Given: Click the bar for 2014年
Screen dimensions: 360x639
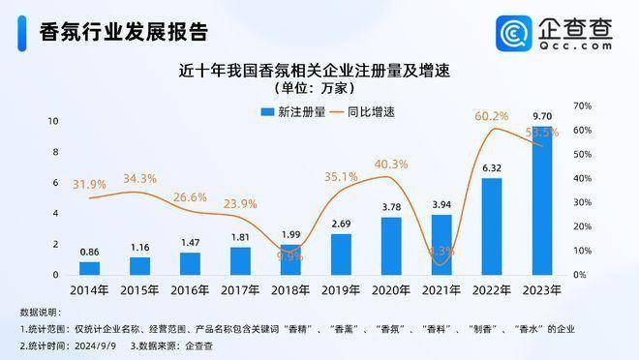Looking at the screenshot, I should tap(89, 268).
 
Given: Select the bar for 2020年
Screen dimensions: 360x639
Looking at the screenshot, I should tap(391, 246).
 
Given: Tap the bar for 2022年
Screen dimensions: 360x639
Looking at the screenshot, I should tap(492, 226).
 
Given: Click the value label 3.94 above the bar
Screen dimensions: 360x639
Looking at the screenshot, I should tap(441, 204).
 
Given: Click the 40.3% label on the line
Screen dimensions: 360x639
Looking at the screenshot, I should tap(391, 164).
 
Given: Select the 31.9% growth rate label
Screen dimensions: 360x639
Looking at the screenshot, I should tap(89, 184).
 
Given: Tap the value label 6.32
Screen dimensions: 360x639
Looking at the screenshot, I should tap(492, 167).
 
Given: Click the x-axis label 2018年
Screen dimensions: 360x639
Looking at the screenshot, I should tap(290, 290).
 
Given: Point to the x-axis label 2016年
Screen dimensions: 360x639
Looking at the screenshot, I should tap(190, 290).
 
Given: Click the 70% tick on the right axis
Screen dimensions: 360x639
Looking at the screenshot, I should tap(583, 105).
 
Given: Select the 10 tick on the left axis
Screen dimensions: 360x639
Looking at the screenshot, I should tap(55, 121).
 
